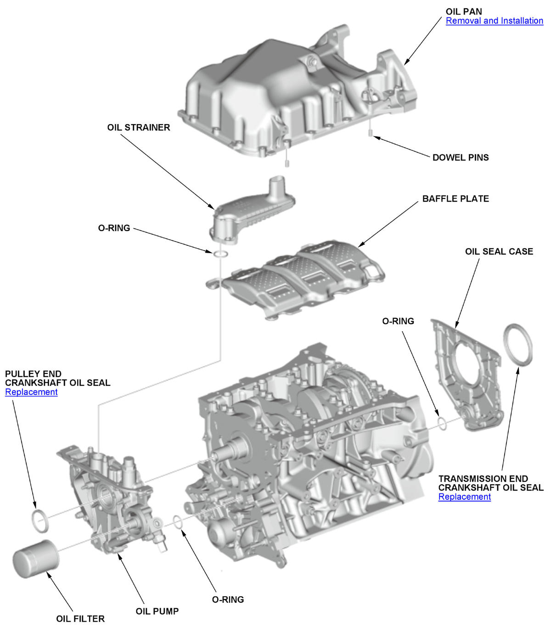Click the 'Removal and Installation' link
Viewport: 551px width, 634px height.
click(494, 21)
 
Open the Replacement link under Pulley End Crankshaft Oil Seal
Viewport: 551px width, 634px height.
click(31, 392)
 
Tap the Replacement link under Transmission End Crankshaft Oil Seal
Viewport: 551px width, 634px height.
click(464, 497)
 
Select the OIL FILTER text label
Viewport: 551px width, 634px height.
click(80, 619)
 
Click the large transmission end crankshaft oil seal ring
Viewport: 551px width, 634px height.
click(518, 345)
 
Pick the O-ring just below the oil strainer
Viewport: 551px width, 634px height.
click(220, 254)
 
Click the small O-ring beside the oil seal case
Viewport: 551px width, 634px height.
click(442, 424)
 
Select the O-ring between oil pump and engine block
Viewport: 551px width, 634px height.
click(178, 522)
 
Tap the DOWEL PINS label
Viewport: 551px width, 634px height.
click(460, 158)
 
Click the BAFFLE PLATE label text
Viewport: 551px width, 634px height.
click(455, 199)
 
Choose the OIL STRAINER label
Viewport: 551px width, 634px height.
click(138, 128)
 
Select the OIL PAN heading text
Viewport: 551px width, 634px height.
click(463, 11)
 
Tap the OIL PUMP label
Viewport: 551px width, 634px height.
click(157, 611)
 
